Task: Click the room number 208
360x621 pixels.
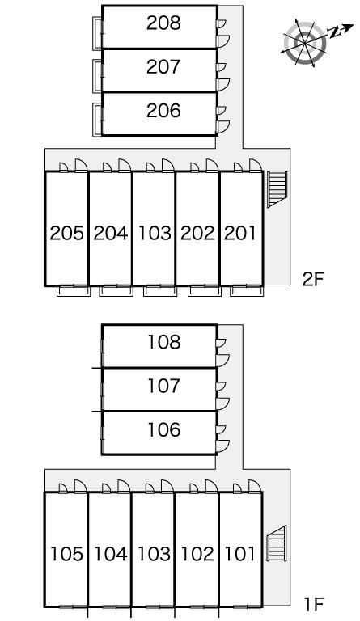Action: coord(163,23)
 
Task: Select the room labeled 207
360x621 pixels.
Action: coord(163,67)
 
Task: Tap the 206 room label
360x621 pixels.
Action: coord(163,111)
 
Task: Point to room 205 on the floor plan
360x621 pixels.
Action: coord(66,233)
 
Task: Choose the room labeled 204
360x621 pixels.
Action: coord(111,233)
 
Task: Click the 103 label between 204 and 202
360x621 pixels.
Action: coord(154,233)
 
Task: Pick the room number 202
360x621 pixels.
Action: coord(197,233)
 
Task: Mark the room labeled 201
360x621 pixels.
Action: coord(240,233)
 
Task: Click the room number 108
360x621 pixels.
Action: coord(164,342)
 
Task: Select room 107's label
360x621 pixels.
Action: coord(164,386)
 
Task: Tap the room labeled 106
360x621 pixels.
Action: coord(164,429)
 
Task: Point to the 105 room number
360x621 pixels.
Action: coord(66,554)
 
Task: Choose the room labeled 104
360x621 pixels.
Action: coord(111,554)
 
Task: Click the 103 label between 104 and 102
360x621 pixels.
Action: coord(154,554)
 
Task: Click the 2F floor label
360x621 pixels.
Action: coord(313,280)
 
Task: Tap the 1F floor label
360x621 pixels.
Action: coord(314,604)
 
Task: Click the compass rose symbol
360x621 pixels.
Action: coord(306,42)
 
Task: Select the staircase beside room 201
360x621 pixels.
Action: coord(277,190)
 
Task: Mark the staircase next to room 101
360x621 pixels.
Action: coord(276,543)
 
